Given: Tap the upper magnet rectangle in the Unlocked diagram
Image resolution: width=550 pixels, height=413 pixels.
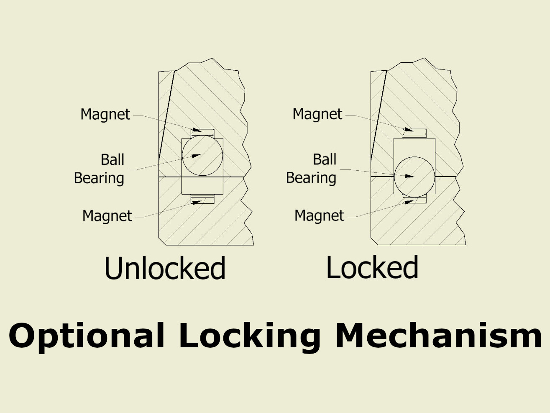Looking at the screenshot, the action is [202, 132].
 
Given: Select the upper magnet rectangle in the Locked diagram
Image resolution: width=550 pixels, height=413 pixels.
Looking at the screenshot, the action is [414, 132].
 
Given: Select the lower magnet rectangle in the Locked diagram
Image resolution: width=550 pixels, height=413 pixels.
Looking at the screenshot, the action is [414, 200].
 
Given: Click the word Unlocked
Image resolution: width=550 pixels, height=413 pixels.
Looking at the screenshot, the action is [165, 268].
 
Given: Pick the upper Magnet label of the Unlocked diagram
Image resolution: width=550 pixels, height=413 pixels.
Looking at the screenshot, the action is [105, 115].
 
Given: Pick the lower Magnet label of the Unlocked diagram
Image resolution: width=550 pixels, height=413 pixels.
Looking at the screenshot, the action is [107, 216].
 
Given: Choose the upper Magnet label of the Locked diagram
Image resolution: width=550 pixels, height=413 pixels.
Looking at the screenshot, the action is [317, 114].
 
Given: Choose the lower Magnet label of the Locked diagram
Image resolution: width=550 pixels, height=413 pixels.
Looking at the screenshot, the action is [320, 216].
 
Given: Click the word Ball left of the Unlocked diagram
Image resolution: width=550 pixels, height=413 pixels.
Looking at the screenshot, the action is [113, 160].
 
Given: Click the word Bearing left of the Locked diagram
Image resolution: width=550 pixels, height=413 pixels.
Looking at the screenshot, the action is [311, 178].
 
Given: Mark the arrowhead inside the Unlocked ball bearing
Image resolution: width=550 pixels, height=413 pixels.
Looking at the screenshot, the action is [196, 156].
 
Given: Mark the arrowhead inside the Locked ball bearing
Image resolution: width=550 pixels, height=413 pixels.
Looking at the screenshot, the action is [409, 176].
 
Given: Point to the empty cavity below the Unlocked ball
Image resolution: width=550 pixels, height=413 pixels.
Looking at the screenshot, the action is [202, 185].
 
